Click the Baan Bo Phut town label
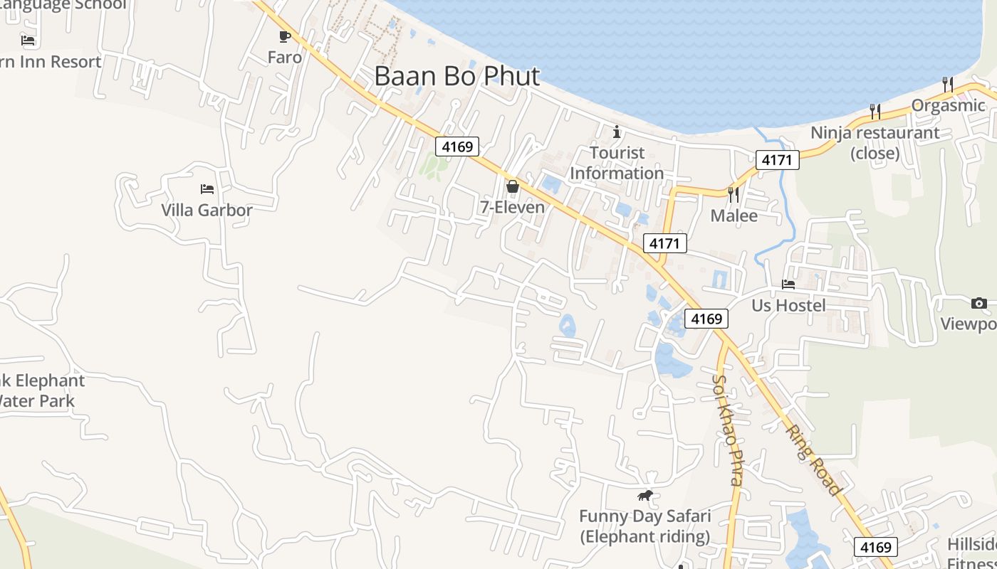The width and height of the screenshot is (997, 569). [x=456, y=76]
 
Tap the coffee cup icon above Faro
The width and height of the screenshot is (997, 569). [x=285, y=36]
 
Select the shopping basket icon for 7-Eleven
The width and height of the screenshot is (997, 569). [x=512, y=186]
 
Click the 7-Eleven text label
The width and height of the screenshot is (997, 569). [x=512, y=207]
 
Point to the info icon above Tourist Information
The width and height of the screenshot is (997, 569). [x=617, y=132]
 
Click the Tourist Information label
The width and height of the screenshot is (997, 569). [x=617, y=163]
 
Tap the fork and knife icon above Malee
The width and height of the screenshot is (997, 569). [x=734, y=194]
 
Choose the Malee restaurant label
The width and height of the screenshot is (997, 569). [x=734, y=215]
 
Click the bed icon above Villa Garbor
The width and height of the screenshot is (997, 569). [x=207, y=189]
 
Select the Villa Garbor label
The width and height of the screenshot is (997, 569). [x=207, y=210]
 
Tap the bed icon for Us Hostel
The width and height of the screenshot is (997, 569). [x=788, y=284]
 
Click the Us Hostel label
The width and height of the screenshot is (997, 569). [x=788, y=305]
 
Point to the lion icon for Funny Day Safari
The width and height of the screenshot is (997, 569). [x=645, y=496]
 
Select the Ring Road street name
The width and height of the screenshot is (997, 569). [x=814, y=459]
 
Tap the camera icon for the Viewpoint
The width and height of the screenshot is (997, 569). [x=978, y=304]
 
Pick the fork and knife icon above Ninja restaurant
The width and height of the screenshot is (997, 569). [x=875, y=111]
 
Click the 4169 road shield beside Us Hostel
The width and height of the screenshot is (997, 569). [x=706, y=319]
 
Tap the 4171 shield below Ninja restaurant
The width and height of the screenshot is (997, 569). [x=777, y=159]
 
